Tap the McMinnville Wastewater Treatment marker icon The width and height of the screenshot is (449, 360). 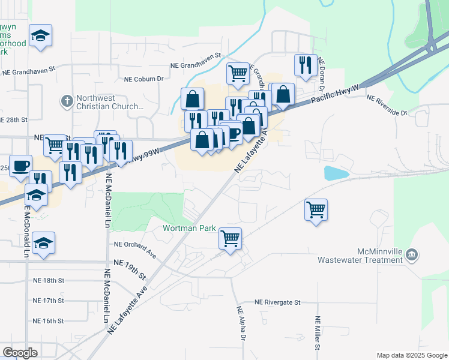click(x=412, y=254)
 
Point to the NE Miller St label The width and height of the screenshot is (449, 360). click(x=316, y=334)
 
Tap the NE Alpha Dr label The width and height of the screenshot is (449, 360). click(x=241, y=325)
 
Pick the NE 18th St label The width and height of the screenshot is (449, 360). click(x=49, y=280)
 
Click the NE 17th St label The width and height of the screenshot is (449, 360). click(x=49, y=301)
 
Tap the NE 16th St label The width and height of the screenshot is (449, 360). click(x=49, y=321)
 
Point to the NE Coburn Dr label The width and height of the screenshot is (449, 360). click(x=143, y=79)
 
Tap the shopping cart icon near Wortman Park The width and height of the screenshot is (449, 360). click(x=230, y=238)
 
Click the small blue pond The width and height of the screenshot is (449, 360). click(x=337, y=173)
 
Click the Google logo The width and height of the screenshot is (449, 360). click(x=20, y=353)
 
